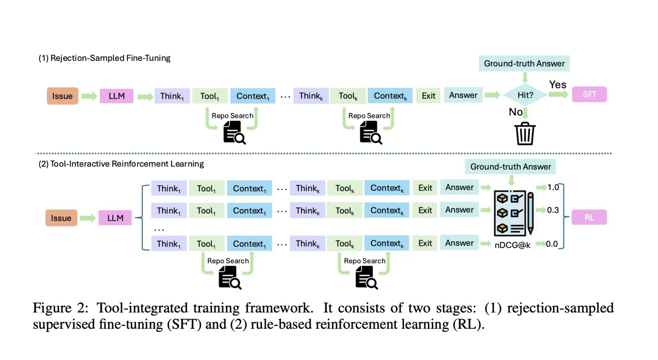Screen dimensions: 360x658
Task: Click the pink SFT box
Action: click(x=589, y=95)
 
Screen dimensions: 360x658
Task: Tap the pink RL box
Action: click(x=589, y=217)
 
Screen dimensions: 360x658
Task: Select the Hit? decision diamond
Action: click(x=525, y=95)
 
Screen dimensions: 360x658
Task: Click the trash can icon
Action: click(x=525, y=133)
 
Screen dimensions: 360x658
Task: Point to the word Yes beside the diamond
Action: click(x=558, y=85)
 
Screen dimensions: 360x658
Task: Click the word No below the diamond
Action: click(x=516, y=112)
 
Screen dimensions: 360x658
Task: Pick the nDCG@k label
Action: click(x=512, y=245)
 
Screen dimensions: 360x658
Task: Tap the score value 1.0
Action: click(x=553, y=187)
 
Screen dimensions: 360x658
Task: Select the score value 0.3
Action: click(x=553, y=210)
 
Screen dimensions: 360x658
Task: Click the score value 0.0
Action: click(x=552, y=244)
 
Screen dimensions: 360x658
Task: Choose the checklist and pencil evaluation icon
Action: click(x=514, y=213)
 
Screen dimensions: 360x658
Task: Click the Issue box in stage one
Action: click(x=63, y=96)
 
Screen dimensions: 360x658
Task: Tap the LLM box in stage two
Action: click(x=115, y=218)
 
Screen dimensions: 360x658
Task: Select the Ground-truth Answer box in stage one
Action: click(x=524, y=63)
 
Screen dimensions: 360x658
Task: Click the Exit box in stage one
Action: click(x=428, y=96)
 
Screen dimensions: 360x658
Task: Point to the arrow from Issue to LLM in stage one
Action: click(x=89, y=96)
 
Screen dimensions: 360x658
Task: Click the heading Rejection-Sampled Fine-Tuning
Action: click(x=104, y=58)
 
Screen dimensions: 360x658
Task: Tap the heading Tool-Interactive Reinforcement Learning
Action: click(x=121, y=164)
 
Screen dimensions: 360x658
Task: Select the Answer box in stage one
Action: click(x=463, y=95)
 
